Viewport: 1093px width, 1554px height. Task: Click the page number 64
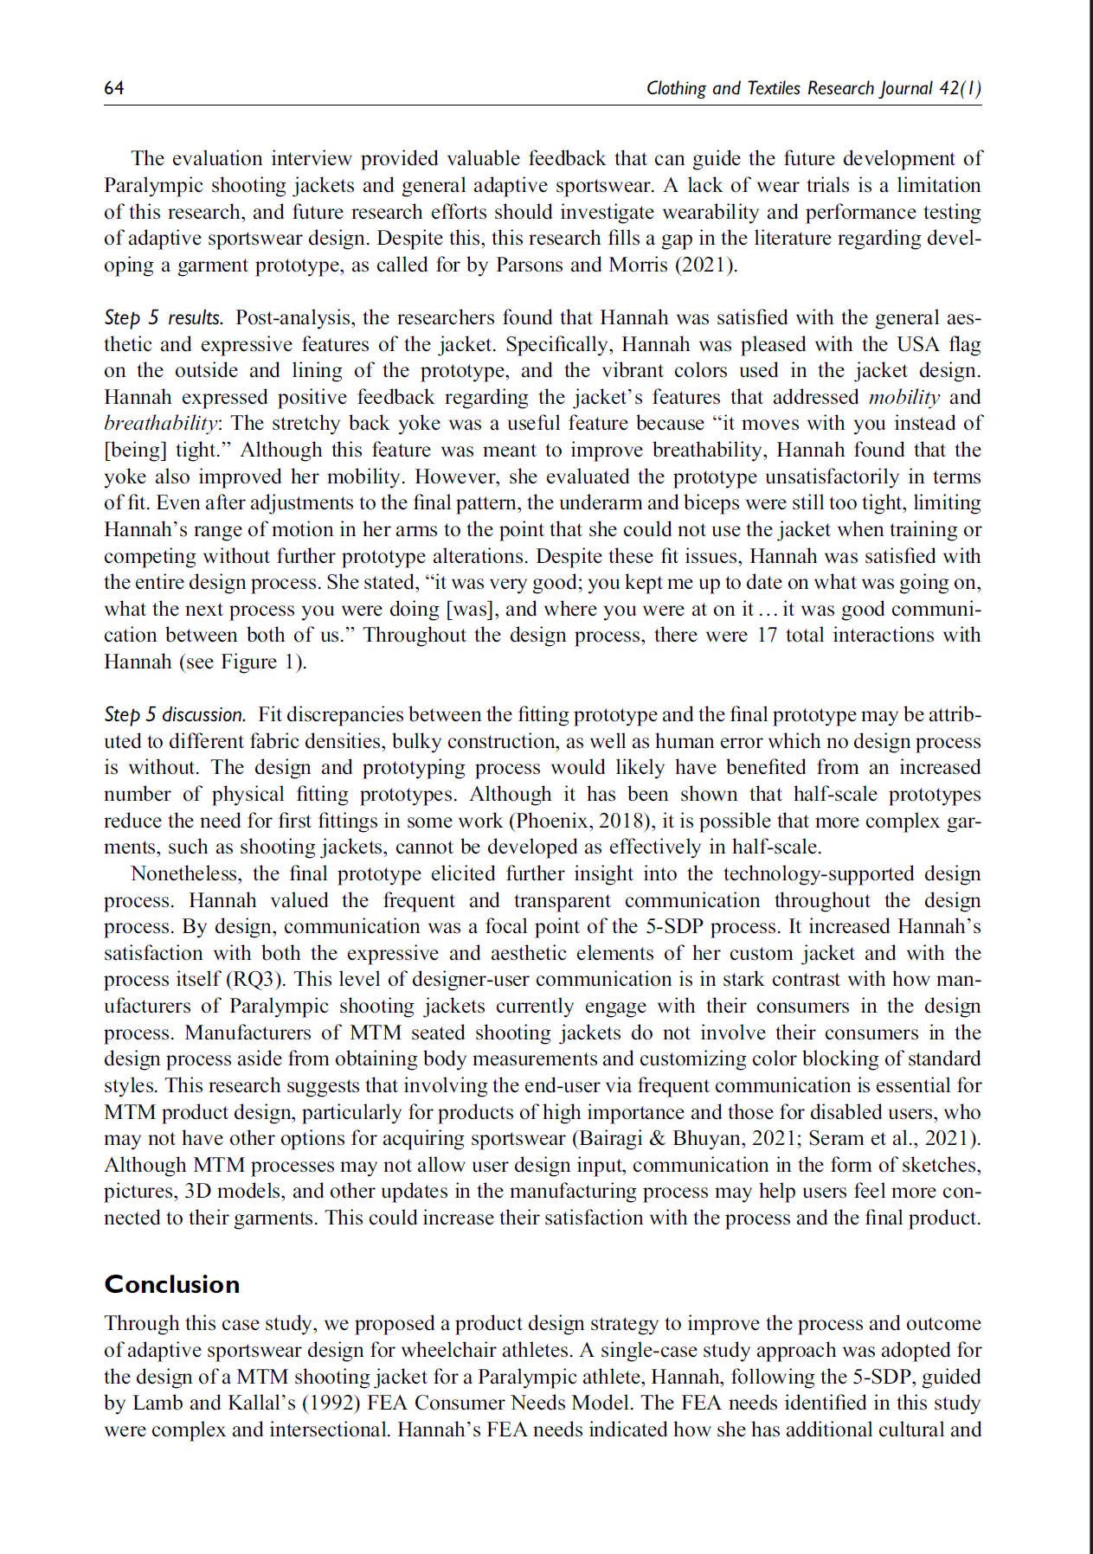[113, 87]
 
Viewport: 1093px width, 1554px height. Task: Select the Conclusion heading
[171, 1284]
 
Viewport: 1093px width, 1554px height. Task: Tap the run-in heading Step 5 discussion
[175, 714]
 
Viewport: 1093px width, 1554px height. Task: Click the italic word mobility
[903, 397]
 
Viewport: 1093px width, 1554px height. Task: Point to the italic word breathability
[161, 424]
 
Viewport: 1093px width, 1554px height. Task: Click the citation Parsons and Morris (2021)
[616, 265]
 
